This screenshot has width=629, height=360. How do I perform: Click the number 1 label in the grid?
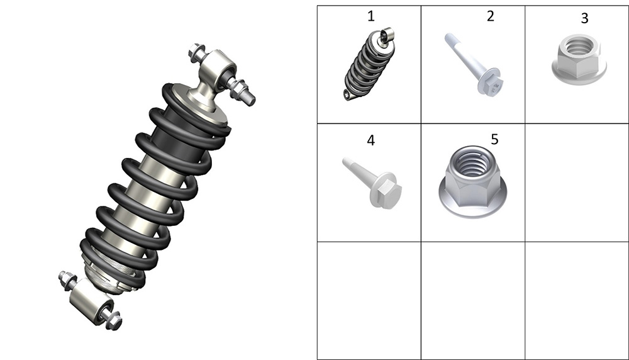coord(370,16)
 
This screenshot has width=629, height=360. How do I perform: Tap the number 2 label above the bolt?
coord(490,16)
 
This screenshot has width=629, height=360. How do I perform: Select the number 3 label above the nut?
coord(584,18)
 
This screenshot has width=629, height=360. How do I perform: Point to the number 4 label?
coord(370,140)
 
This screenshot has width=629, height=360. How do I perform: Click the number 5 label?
coord(494,139)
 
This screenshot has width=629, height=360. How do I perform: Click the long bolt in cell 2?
coord(474,64)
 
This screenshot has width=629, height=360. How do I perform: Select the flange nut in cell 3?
coord(579,59)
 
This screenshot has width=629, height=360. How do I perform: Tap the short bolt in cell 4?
coord(372,183)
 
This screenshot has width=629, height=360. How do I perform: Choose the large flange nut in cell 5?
coord(472,183)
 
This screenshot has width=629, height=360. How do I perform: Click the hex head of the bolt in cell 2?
coord(492,85)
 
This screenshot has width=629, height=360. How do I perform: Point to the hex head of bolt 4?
coord(386,191)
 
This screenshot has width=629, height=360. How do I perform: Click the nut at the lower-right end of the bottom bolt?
coord(113,320)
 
